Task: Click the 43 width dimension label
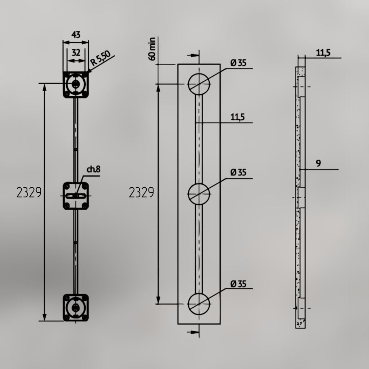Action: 76,35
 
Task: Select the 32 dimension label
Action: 76,53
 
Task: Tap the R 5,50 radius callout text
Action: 100,58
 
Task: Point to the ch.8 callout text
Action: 94,169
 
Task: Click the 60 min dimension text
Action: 152,49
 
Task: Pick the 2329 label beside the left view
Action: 29,192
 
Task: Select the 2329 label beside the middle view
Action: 141,192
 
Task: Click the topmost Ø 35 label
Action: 239,63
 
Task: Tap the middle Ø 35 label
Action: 239,173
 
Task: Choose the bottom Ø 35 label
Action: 239,284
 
